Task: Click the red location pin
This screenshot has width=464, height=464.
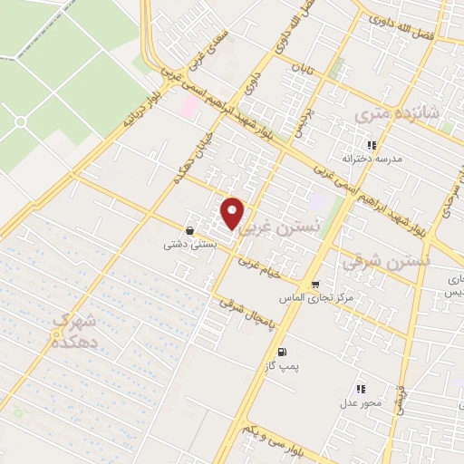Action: click(x=233, y=213)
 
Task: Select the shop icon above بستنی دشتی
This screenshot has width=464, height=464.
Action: click(x=188, y=231)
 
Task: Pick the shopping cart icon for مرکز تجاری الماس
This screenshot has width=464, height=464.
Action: click(x=314, y=284)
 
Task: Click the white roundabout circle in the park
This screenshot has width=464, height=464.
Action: click(x=20, y=121)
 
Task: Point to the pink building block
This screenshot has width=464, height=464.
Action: click(x=189, y=107)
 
